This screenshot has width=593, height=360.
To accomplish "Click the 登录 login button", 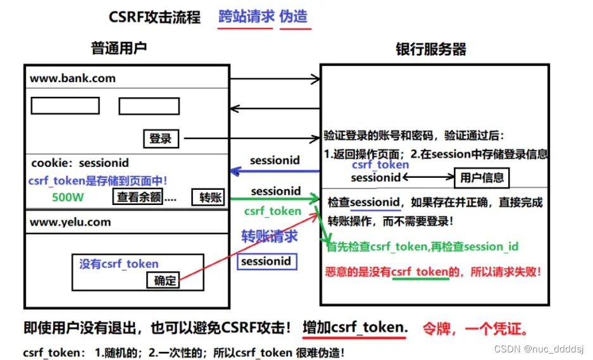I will pyautogui.click(x=161, y=138).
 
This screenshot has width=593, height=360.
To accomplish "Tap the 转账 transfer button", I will pyautogui.click(x=208, y=197).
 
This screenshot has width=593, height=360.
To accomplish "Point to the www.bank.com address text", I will pyautogui.click(x=73, y=78).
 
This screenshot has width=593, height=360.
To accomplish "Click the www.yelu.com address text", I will pyautogui.click(x=70, y=222).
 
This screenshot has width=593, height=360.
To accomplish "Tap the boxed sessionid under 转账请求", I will pyautogui.click(x=266, y=261).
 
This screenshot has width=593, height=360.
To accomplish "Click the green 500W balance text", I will pyautogui.click(x=68, y=197).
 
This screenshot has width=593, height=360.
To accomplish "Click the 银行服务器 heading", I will pyautogui.click(x=431, y=49).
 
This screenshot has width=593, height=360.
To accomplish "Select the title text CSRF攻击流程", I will pyautogui.click(x=154, y=16).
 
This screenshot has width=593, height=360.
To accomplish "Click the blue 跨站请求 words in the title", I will pyautogui.click(x=246, y=16).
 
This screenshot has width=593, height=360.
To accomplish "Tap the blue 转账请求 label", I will pyautogui.click(x=270, y=237).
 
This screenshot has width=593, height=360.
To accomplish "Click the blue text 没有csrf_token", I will pyautogui.click(x=119, y=264).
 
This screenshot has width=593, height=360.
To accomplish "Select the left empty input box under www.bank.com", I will pyautogui.click(x=65, y=106).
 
